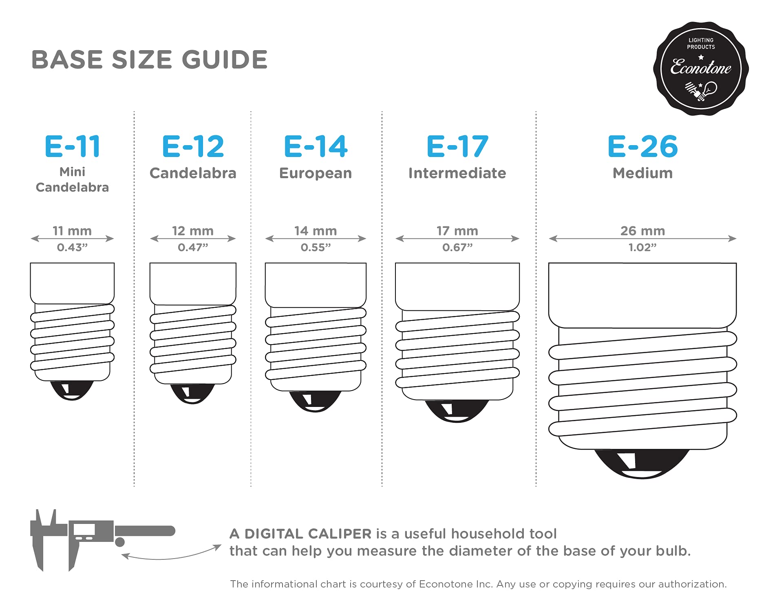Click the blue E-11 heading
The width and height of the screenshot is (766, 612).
point(72,146)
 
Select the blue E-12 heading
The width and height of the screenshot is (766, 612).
point(193,146)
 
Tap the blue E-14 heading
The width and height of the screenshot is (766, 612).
point(316,146)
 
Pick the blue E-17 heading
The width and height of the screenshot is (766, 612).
point(457,146)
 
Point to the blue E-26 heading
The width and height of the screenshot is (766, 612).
point(642,146)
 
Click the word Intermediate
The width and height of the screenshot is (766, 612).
point(457,173)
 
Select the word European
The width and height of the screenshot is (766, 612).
point(316,173)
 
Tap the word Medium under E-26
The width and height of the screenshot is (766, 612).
point(642,173)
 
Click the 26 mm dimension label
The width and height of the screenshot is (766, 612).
point(642,231)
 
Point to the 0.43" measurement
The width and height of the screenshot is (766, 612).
point(72,247)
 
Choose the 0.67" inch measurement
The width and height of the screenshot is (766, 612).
point(457,247)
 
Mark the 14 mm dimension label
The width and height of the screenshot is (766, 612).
point(316,231)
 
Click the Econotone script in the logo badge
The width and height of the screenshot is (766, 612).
point(701,67)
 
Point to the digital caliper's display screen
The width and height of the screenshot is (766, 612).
point(84,530)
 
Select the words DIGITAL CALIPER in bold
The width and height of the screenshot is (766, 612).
point(308,534)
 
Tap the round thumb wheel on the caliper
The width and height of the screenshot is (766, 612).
point(120,542)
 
